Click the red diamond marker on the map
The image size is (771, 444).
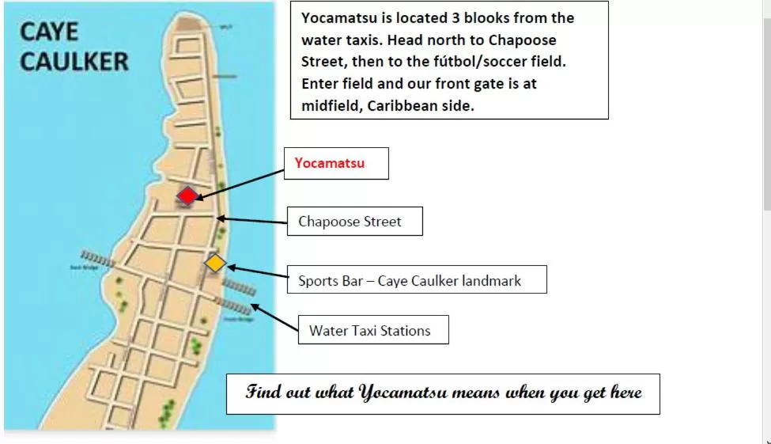tap(187, 195)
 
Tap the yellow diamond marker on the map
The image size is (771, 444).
tap(215, 263)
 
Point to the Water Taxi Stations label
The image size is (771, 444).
tap(369, 330)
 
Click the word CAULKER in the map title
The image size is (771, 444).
tap(74, 62)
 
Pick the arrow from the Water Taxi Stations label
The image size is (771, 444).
tap(273, 317)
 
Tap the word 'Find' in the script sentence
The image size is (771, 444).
tap(263, 392)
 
